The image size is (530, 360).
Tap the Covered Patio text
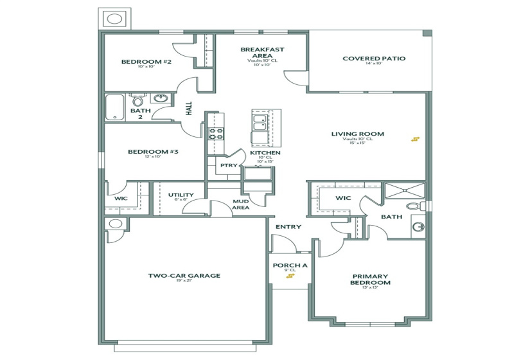pos(373,59)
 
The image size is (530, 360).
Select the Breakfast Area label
pos(262,52)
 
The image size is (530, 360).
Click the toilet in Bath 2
pos(138,100)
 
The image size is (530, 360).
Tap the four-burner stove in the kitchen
pos(216,134)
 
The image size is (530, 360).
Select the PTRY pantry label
pos(228,165)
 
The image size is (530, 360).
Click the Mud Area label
pos(241,204)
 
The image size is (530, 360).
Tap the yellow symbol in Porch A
pos(291,276)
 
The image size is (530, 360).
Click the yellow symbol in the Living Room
pos(416,139)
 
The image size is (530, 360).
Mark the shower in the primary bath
pos(404,190)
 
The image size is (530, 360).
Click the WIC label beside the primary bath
pos(342,198)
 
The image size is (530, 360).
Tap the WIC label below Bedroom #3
pos(121,199)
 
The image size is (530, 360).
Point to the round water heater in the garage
pos(116,224)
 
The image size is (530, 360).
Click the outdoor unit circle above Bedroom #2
pos(114,19)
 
